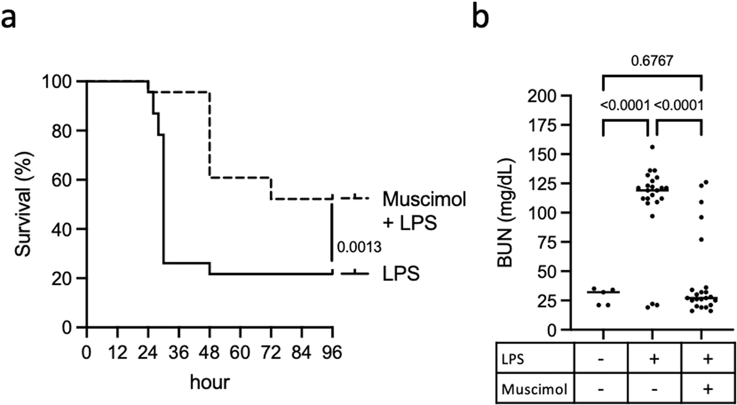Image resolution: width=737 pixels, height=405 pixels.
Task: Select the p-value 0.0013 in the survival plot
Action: [x=358, y=247]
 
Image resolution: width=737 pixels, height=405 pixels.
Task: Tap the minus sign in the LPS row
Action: [x=602, y=361]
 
